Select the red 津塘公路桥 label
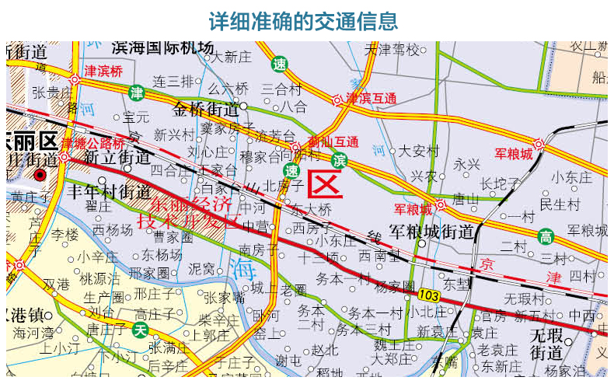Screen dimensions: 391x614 point(92,144)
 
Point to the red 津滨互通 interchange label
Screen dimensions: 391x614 point(372,99)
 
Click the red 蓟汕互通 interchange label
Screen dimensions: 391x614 point(333,141)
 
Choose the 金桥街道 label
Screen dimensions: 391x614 point(206,107)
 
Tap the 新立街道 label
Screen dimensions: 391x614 point(117,158)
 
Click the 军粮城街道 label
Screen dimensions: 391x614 point(432,231)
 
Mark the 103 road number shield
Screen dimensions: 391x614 point(428,295)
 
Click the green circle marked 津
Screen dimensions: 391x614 point(137,93)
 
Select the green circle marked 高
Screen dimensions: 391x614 point(546,235)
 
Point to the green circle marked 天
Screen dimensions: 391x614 point(140,330)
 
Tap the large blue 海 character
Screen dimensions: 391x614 point(242,270)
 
